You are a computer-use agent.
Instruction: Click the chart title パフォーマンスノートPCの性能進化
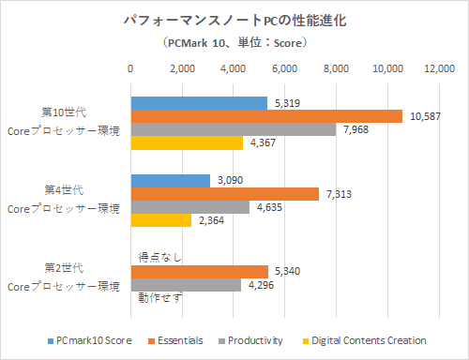tap(234, 20)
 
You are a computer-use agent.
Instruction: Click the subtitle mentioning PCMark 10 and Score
tap(234, 43)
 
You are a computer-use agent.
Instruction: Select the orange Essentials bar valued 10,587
tap(266, 116)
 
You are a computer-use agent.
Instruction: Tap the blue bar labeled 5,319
tap(198, 103)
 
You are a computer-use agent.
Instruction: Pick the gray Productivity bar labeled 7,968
tap(233, 129)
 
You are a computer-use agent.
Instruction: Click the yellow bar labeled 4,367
tap(186, 143)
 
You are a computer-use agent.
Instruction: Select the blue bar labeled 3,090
tap(170, 180)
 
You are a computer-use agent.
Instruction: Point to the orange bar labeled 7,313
tap(224, 194)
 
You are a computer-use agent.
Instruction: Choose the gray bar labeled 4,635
tap(189, 207)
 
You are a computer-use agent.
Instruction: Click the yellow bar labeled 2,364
tap(160, 220)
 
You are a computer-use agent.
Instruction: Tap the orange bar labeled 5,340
tap(199, 272)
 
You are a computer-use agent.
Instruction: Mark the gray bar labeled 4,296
tap(185, 285)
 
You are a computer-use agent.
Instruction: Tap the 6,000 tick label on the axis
tap(284, 68)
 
